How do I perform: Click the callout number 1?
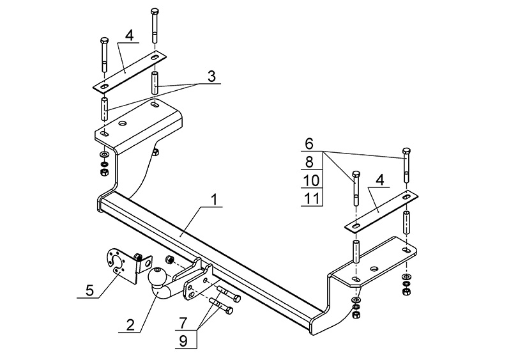coord(215,199)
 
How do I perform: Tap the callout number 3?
coord(211,75)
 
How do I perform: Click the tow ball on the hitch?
coord(158,278)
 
